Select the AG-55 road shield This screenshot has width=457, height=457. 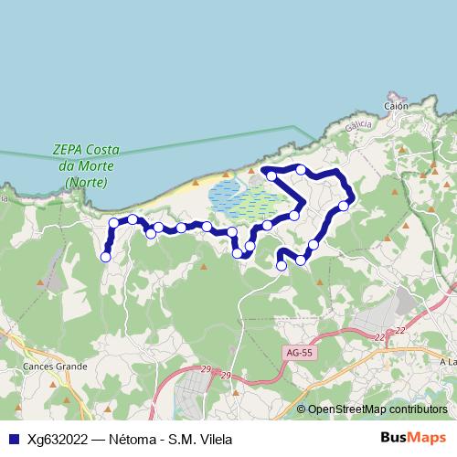coord(298,351)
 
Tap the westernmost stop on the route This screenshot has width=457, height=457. coord(105,258)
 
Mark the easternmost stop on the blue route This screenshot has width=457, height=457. coord(344,206)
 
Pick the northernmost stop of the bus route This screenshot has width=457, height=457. coord(301,169)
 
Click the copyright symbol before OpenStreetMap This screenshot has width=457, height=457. coord(302,409)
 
